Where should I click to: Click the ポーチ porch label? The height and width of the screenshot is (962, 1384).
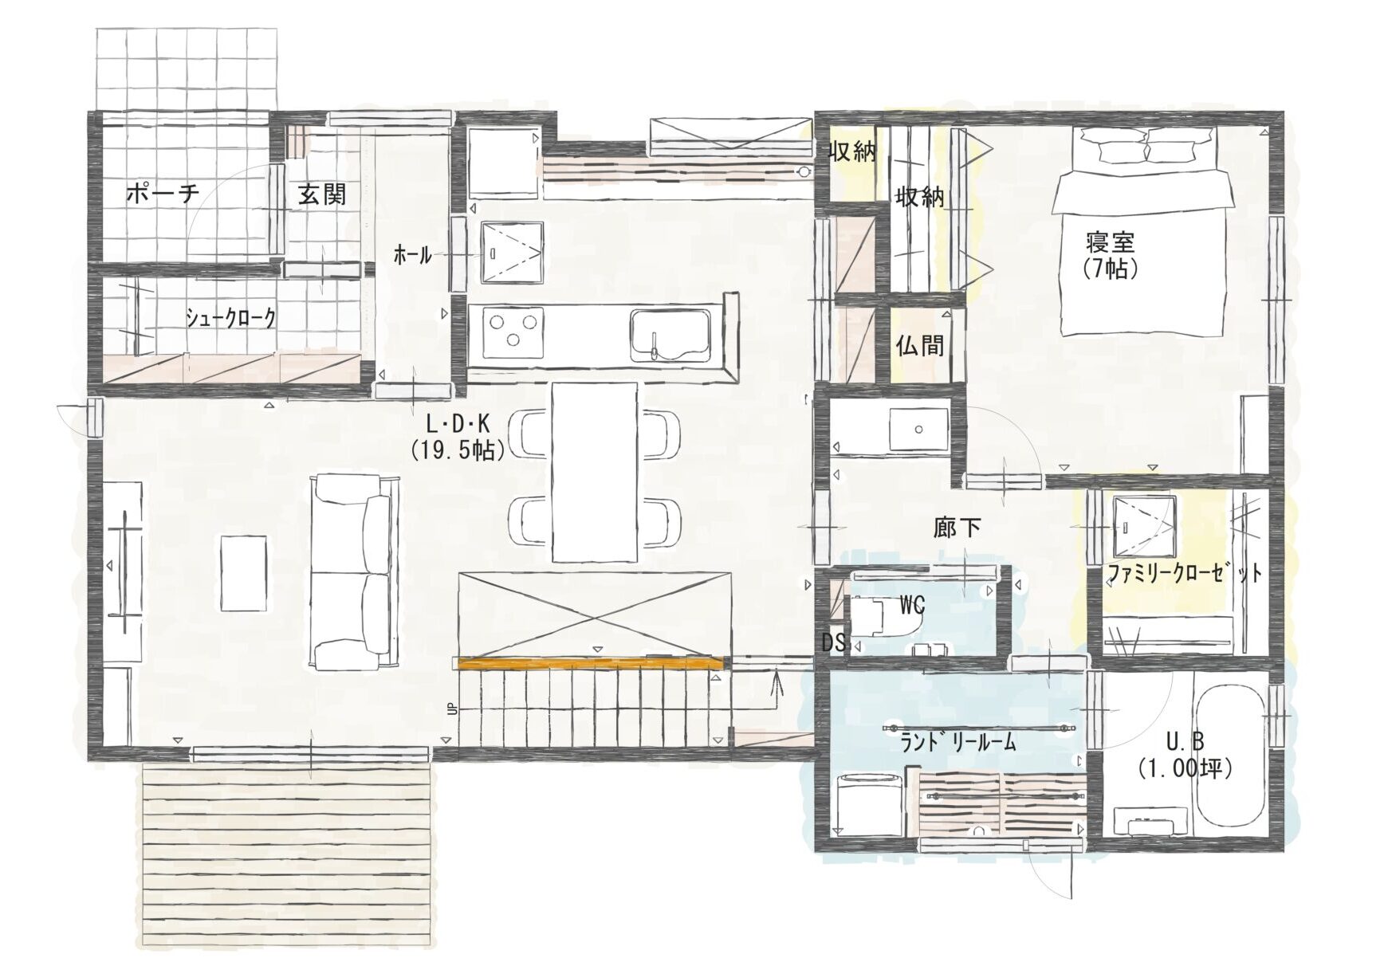click(162, 193)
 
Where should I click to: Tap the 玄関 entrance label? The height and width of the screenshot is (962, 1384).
click(322, 194)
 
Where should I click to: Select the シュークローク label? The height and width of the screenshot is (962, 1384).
click(231, 319)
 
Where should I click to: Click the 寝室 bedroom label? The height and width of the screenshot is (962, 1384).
click(1110, 241)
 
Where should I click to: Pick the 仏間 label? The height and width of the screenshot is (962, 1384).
click(920, 345)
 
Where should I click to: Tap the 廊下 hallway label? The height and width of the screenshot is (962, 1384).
click(957, 528)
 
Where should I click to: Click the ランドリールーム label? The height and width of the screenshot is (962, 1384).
click(958, 743)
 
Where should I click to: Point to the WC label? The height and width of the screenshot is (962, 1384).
click(911, 606)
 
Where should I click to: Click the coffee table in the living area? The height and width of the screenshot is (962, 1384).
click(244, 573)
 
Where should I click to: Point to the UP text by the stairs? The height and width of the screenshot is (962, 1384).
click(452, 709)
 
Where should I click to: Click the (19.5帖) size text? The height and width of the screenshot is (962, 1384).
click(458, 451)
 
